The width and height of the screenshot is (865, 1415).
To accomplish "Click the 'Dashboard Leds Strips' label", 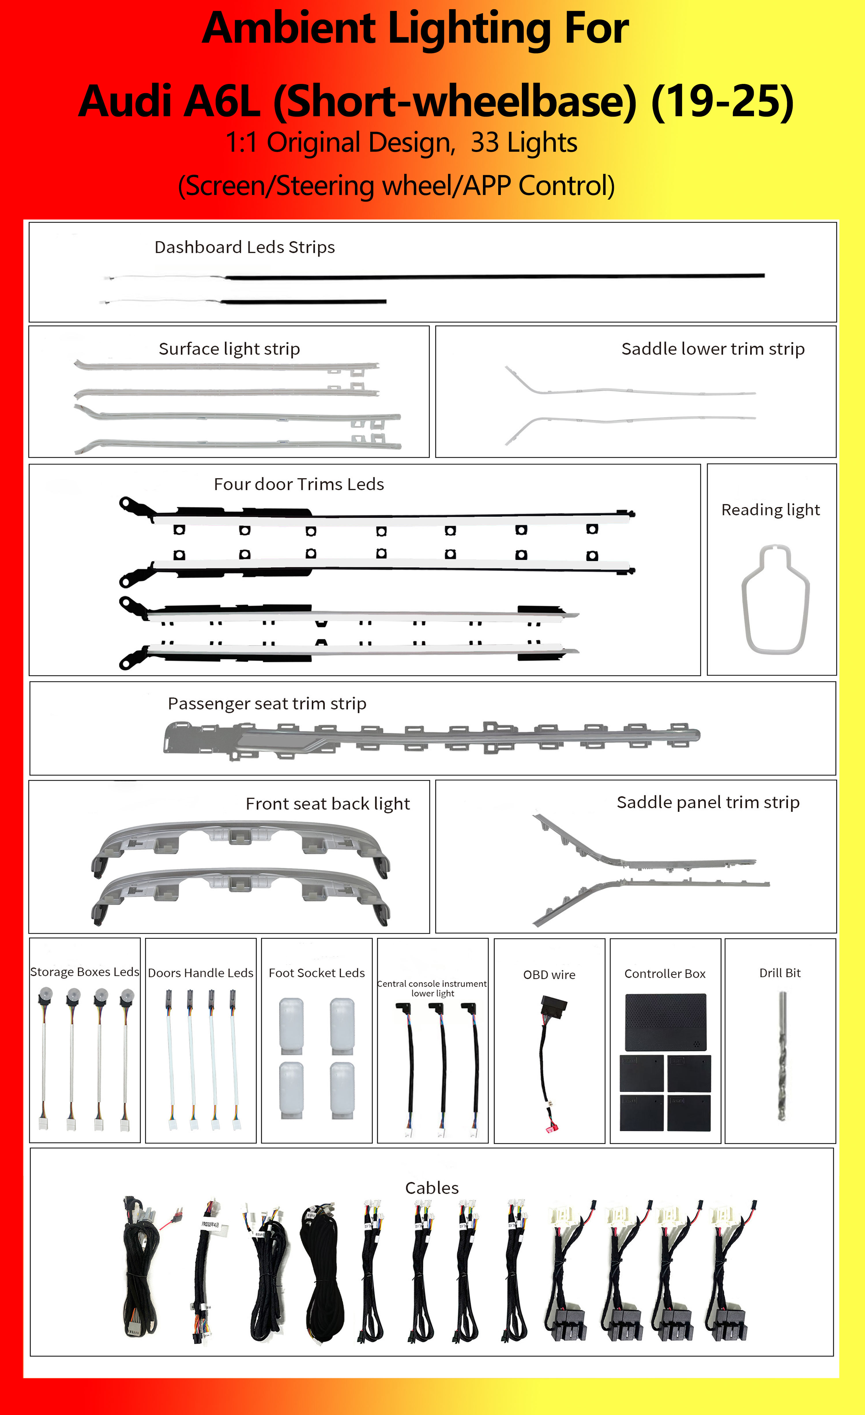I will (x=245, y=247).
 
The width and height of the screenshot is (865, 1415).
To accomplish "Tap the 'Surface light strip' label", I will (x=229, y=349).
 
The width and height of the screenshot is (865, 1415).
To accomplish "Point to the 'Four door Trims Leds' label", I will (x=298, y=484).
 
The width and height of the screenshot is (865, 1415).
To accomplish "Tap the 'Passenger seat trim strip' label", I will (x=267, y=703).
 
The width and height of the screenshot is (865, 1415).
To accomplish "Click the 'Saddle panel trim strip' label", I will (x=708, y=802).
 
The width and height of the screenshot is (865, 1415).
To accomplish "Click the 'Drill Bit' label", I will (x=779, y=973).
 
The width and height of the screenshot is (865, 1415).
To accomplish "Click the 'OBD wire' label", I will (x=549, y=975).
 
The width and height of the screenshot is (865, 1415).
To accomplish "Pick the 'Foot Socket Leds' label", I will (x=316, y=973).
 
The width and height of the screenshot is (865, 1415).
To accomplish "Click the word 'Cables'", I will (x=432, y=1188).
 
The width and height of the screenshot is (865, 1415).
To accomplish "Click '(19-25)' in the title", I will (x=722, y=101).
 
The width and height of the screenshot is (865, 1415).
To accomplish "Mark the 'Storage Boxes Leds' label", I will (x=84, y=972).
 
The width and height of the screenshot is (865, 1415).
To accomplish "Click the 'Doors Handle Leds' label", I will (x=200, y=973).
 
